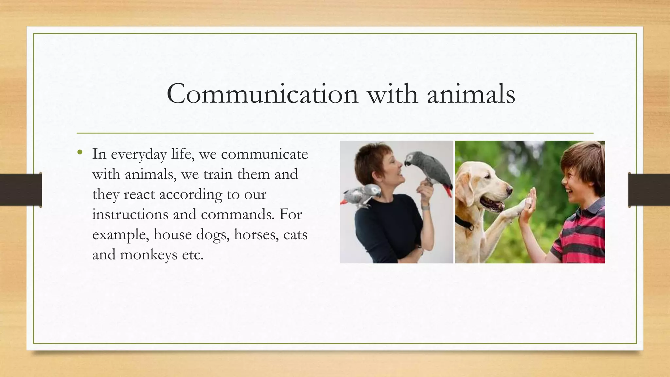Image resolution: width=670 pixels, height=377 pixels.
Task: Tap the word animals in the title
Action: (471, 94)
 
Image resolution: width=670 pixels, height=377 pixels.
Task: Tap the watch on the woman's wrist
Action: (425, 207)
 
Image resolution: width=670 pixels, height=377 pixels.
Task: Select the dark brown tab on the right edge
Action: (649, 190)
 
